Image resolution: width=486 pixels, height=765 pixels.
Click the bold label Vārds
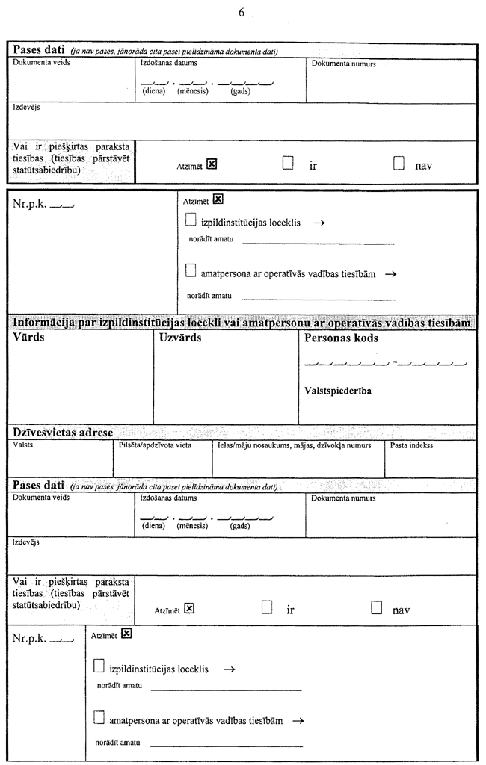[29, 338]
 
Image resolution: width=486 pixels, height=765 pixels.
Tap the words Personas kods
[342, 338]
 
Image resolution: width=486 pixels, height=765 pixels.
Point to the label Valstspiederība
[339, 391]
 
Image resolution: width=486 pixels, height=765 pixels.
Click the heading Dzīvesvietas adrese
[63, 433]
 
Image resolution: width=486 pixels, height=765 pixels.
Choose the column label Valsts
[23, 445]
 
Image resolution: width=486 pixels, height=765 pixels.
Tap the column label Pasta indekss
[412, 445]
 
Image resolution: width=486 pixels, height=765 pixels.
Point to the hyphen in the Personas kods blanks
[394, 362]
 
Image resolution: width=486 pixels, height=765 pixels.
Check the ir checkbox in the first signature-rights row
[289, 163]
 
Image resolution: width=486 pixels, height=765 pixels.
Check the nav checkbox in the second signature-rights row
[377, 607]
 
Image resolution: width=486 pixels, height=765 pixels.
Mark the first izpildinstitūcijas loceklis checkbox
[191, 220]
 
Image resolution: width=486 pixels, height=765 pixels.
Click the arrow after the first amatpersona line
[390, 274]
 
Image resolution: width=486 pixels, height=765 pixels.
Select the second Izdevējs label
[26, 543]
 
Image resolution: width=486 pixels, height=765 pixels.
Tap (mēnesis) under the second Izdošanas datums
[192, 526]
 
